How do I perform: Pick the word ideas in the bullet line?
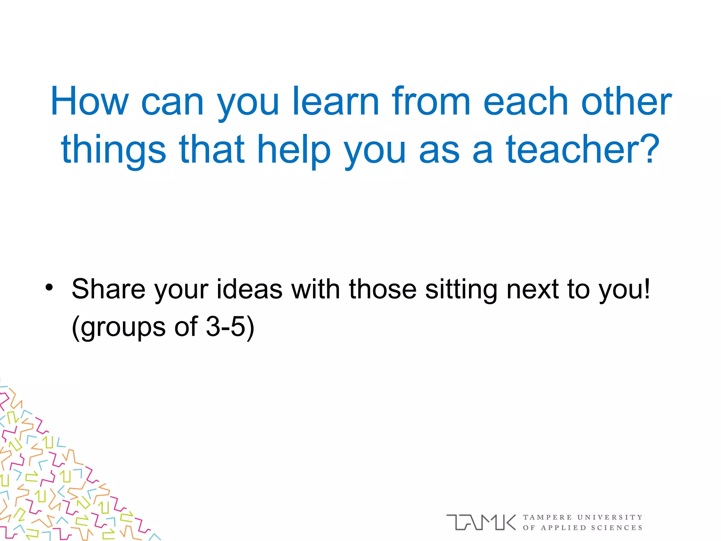tap(249, 289)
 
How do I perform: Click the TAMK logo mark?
tap(481, 522)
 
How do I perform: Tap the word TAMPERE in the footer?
tap(547, 517)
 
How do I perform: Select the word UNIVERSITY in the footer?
tap(610, 517)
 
